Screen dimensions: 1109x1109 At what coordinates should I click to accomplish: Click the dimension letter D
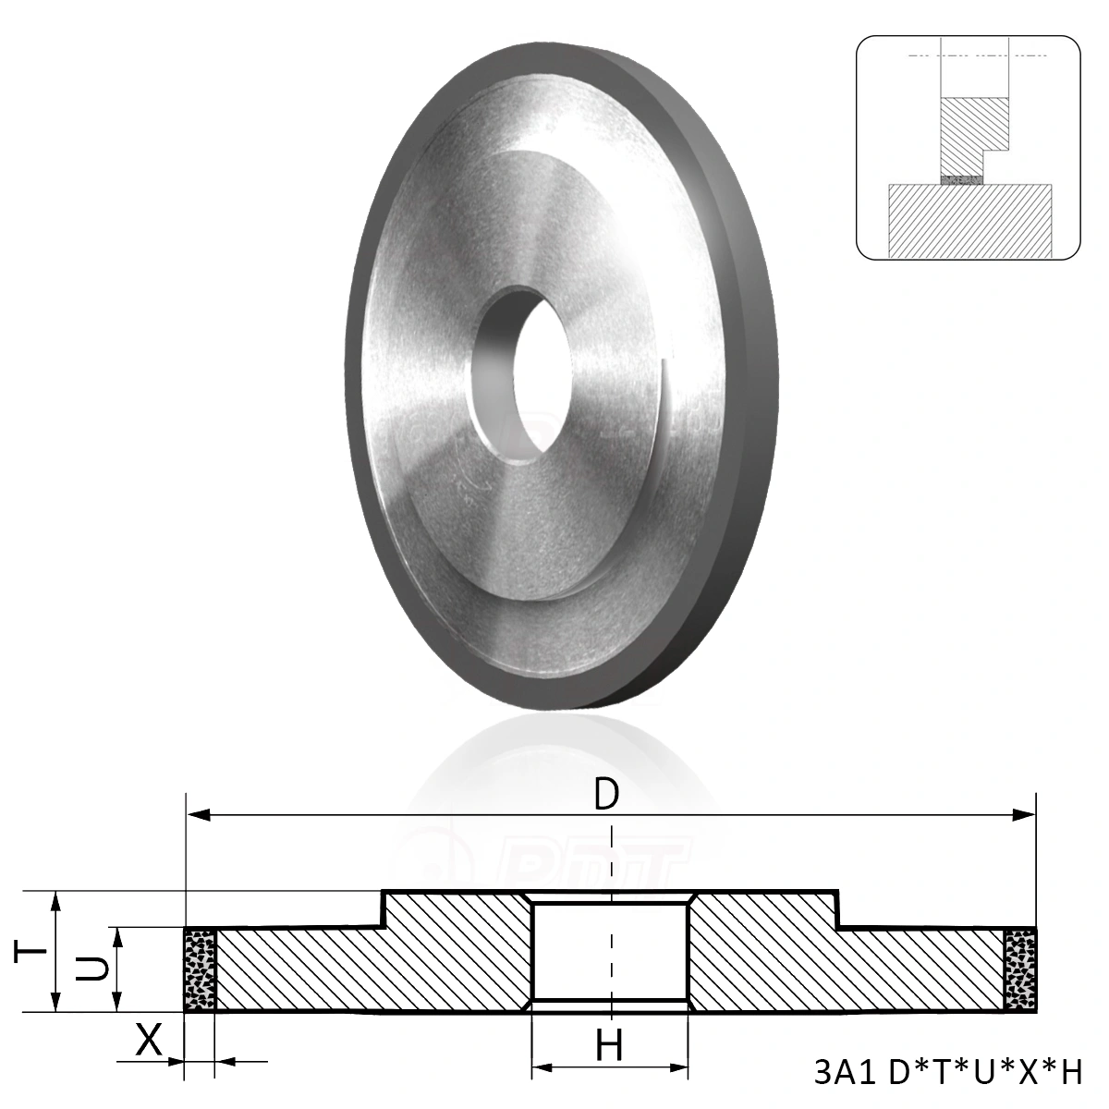pos(605,794)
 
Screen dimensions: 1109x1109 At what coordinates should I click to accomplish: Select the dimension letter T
pos(29,951)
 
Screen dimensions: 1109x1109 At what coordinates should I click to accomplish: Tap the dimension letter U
pos(90,969)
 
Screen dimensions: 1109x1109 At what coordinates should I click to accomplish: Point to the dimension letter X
pos(148,1042)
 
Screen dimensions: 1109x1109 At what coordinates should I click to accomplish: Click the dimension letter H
pos(608,1046)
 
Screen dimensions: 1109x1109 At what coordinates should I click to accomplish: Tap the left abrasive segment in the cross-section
pos(200,969)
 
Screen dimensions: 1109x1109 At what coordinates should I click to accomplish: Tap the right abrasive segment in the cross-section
pos(1019,969)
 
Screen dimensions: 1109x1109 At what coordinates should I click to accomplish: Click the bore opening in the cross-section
pos(610,952)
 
